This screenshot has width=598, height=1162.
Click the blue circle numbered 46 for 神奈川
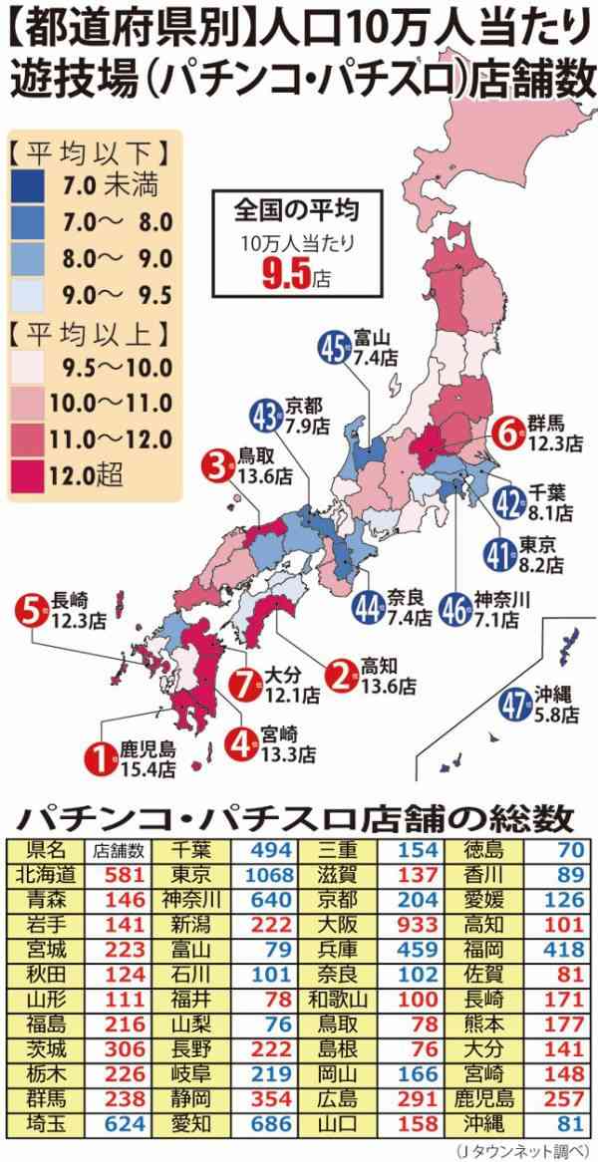tap(455, 607)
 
